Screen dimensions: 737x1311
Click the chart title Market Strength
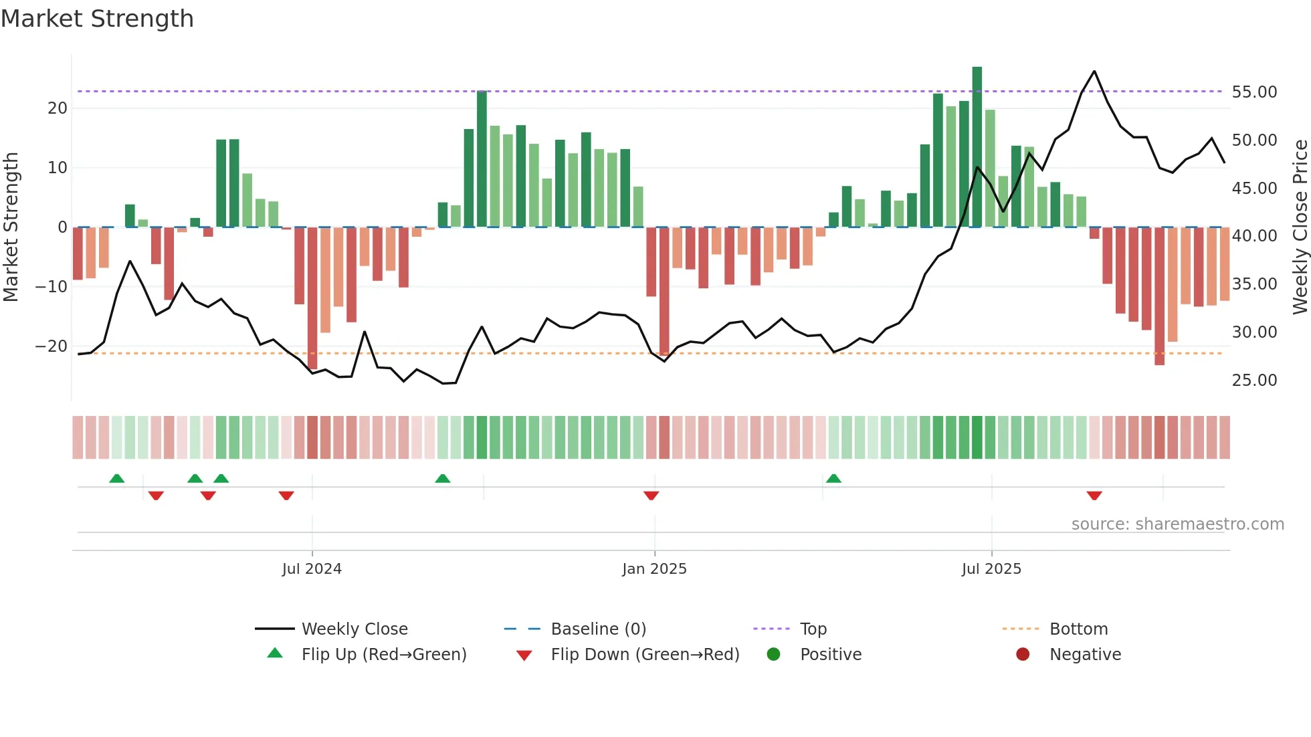pyautogui.click(x=97, y=19)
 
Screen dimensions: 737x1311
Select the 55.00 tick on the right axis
pyautogui.click(x=1254, y=92)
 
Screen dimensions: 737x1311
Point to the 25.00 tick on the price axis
pyautogui.click(x=1254, y=381)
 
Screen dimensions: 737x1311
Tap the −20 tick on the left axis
pyautogui.click(x=52, y=346)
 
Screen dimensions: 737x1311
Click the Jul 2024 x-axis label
pyautogui.click(x=312, y=569)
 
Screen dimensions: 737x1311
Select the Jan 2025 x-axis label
pyautogui.click(x=654, y=569)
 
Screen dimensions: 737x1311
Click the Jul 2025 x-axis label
pyautogui.click(x=991, y=569)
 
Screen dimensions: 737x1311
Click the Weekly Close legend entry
pyautogui.click(x=354, y=629)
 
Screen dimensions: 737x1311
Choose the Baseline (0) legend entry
pyautogui.click(x=598, y=629)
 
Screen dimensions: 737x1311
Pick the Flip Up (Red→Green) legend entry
pyautogui.click(x=383, y=655)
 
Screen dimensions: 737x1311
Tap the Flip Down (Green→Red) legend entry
pyautogui.click(x=645, y=655)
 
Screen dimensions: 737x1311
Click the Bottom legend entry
pyautogui.click(x=1078, y=629)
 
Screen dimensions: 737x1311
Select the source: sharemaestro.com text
pyautogui.click(x=1177, y=524)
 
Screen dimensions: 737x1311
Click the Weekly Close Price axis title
pyautogui.click(x=1300, y=227)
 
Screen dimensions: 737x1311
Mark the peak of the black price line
pyautogui.click(x=1094, y=71)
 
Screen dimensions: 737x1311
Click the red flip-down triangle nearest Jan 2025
pyautogui.click(x=651, y=496)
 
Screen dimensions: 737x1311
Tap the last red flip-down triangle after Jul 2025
pyautogui.click(x=1094, y=496)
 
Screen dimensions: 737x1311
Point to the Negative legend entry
pyautogui.click(x=1085, y=655)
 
